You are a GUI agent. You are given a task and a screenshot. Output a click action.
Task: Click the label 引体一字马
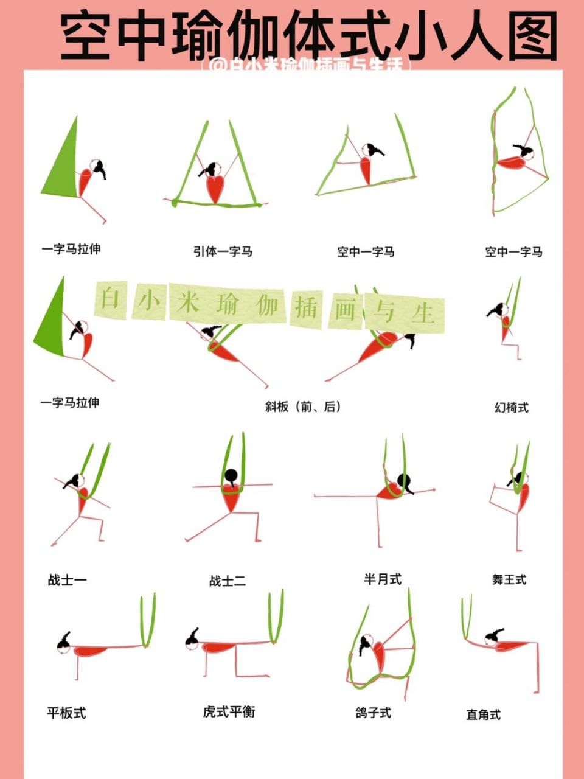tap(223, 251)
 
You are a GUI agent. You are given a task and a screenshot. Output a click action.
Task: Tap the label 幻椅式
tap(511, 408)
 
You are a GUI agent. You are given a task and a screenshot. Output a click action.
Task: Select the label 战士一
tap(67, 580)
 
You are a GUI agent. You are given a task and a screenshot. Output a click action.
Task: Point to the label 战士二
tap(227, 581)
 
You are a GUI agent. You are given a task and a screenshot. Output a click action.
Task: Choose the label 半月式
tap(383, 579)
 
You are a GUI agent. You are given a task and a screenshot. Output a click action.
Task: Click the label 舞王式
tap(509, 580)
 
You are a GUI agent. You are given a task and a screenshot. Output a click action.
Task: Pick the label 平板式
tap(66, 713)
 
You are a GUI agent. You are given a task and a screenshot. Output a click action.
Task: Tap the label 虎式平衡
tap(229, 711)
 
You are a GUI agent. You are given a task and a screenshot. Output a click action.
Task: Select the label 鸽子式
tap(373, 713)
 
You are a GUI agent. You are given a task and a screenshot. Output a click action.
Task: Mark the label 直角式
tap(483, 714)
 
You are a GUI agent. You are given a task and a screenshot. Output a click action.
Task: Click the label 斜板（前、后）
tap(303, 407)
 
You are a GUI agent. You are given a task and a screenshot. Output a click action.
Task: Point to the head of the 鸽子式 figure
tap(366, 641)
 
